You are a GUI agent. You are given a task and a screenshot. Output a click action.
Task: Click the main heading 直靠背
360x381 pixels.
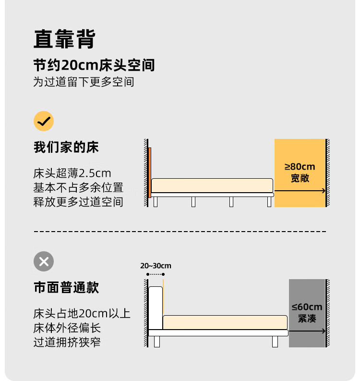pyautogui.click(x=65, y=39)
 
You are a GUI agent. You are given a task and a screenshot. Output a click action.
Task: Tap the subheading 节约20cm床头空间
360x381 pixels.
pyautogui.click(x=94, y=65)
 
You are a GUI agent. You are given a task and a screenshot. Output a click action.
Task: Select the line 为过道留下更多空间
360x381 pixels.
pyautogui.click(x=84, y=82)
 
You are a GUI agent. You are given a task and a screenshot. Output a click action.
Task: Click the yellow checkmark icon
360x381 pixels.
pyautogui.click(x=44, y=121)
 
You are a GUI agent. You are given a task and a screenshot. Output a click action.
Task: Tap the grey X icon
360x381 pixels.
pyautogui.click(x=44, y=261)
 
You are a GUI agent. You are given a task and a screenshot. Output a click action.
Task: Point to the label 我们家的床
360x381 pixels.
pyautogui.click(x=66, y=147)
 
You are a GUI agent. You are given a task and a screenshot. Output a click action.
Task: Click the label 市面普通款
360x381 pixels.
pyautogui.click(x=66, y=287)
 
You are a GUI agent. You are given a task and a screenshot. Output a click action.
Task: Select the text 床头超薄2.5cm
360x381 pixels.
pyautogui.click(x=72, y=173)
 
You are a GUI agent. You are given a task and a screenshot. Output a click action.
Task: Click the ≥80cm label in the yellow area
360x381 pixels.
pyautogui.click(x=300, y=167)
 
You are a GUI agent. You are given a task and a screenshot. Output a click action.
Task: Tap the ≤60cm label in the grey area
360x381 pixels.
pyautogui.click(x=307, y=307)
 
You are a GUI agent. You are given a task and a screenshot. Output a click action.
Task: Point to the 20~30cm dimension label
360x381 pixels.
pyautogui.click(x=156, y=266)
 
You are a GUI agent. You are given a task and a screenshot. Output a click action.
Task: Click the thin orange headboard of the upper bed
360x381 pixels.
pyautogui.click(x=150, y=172)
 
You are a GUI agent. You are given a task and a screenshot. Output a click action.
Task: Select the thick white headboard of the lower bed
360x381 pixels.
pyautogui.click(x=156, y=308)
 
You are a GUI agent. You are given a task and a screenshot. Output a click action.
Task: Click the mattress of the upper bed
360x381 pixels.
pyautogui.click(x=212, y=185)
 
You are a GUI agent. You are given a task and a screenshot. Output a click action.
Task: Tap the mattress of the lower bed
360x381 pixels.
pyautogui.click(x=225, y=322)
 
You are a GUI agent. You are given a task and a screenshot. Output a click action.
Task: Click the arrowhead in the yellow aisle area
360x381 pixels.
pyautogui.click(x=324, y=191)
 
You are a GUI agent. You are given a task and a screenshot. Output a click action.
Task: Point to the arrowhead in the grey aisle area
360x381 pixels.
pyautogui.click(x=324, y=331)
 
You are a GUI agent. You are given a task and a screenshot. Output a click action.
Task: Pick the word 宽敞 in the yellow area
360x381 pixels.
pyautogui.click(x=300, y=178)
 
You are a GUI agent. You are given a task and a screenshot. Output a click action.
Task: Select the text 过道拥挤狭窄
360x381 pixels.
pyautogui.click(x=67, y=343)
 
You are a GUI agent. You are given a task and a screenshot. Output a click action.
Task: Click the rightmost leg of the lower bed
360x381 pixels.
pyautogui.click(x=275, y=342)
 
